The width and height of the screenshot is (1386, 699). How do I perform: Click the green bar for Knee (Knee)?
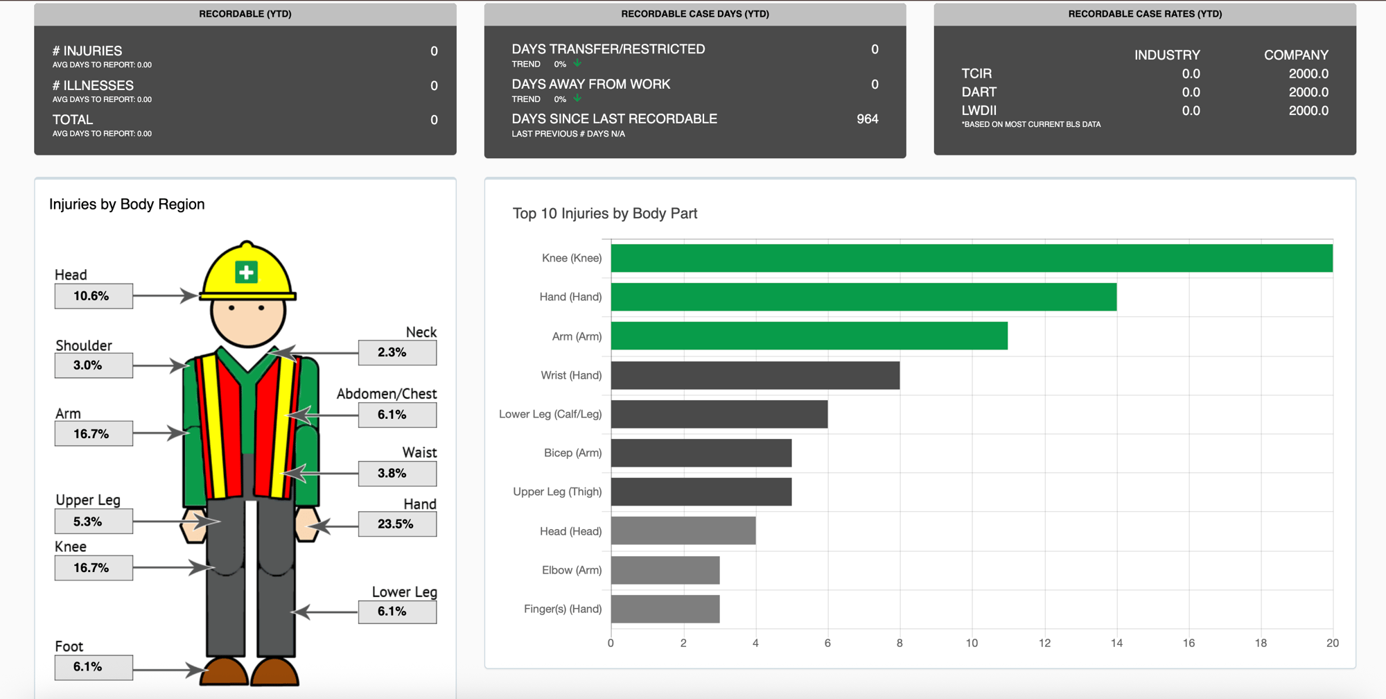tap(970, 258)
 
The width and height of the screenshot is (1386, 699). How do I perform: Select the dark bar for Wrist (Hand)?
tap(755, 375)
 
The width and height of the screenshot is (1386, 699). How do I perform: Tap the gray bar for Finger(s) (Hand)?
tap(665, 609)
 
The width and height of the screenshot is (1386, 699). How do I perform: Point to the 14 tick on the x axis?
tap(1116, 643)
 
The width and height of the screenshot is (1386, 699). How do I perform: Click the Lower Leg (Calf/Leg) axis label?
tap(550, 414)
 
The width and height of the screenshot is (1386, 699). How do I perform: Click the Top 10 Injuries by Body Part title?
tap(604, 214)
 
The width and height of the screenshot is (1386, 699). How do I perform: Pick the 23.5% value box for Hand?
tap(397, 524)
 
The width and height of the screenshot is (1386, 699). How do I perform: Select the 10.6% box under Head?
tap(94, 296)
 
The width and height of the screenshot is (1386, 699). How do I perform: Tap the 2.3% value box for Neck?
tap(397, 352)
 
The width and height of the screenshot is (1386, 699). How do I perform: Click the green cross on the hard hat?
tap(246, 272)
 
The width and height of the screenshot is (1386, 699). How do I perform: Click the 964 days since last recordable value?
tap(867, 119)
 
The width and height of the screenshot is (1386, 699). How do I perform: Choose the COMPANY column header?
tap(1295, 55)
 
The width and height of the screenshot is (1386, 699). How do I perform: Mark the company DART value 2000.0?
tap(1308, 92)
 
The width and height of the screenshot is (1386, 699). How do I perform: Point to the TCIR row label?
tap(976, 74)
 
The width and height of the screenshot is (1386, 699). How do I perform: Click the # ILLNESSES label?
tap(93, 85)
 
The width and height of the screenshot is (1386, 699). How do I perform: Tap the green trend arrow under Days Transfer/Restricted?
tap(577, 63)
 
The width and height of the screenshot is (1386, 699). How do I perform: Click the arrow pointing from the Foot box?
tap(166, 670)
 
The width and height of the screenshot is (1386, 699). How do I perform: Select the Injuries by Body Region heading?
tap(127, 205)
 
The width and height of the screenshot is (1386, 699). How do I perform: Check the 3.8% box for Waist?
tap(397, 474)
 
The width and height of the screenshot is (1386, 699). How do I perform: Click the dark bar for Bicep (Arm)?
tap(701, 453)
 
